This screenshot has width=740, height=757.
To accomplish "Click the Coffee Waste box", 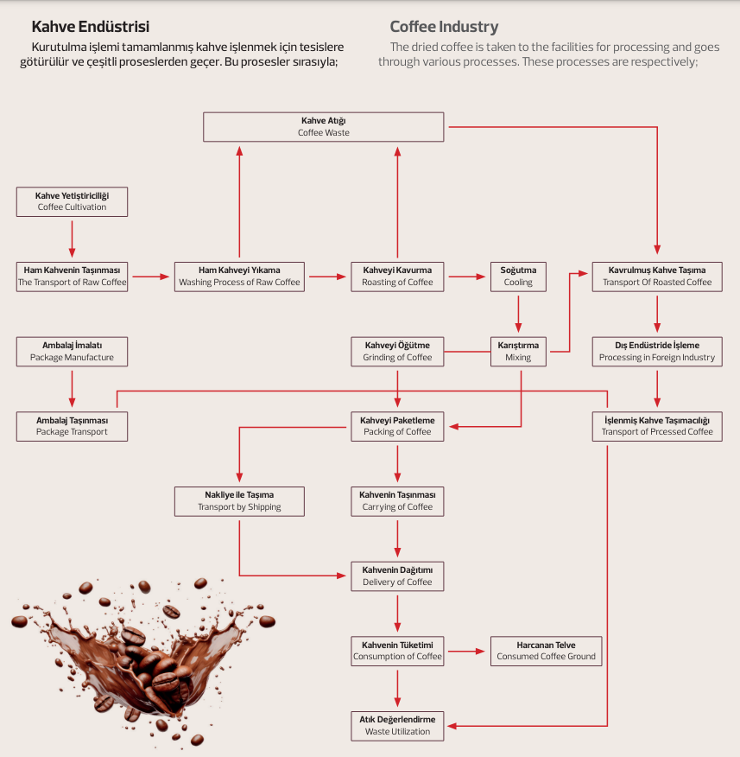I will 324,127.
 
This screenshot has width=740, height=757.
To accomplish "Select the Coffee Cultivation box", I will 73,201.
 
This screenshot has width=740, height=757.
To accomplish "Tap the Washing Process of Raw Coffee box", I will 239,277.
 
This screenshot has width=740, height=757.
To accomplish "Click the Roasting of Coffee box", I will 397,277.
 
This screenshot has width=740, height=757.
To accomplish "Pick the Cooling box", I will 518,277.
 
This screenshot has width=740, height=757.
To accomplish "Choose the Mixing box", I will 518,351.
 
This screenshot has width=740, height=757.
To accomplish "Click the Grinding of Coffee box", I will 397,351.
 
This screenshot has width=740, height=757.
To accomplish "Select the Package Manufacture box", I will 73,351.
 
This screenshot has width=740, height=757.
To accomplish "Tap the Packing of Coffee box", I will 397,426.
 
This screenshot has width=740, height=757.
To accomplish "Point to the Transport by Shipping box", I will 239,501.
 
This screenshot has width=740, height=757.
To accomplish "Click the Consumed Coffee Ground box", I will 546,651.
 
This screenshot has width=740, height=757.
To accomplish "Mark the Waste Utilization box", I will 397,725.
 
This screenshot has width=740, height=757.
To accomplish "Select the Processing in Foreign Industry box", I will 657,351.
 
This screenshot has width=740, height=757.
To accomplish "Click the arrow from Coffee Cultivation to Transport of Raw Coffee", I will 73,239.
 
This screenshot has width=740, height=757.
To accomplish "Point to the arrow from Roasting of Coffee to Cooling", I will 466,277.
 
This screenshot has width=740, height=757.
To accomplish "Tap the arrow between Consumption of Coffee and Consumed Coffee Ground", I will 466,651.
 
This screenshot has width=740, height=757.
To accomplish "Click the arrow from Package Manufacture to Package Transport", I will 73,388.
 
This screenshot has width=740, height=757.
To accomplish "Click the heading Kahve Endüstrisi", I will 91,27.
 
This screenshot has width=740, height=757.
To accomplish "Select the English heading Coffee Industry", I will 444,27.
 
